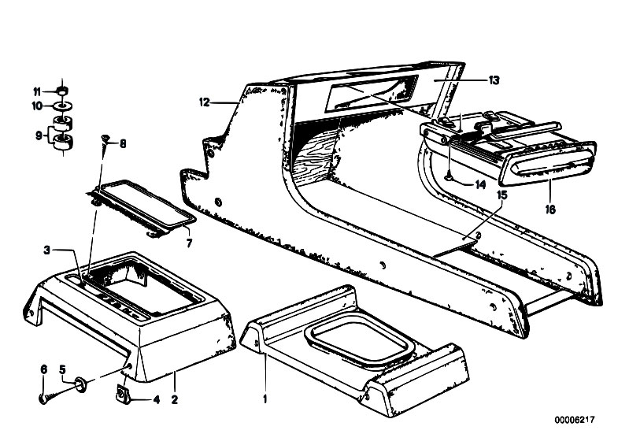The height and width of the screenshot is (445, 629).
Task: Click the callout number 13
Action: [x=494, y=80]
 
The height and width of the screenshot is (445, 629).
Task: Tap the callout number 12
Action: [x=205, y=102]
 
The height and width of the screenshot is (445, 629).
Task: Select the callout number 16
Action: [x=550, y=209]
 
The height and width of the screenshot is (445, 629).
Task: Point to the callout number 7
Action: [x=189, y=243]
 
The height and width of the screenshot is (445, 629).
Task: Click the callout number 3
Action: [x=47, y=250]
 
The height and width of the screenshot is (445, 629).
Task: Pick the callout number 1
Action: [x=265, y=399]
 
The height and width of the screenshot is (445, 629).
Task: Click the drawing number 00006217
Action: [x=575, y=420]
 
